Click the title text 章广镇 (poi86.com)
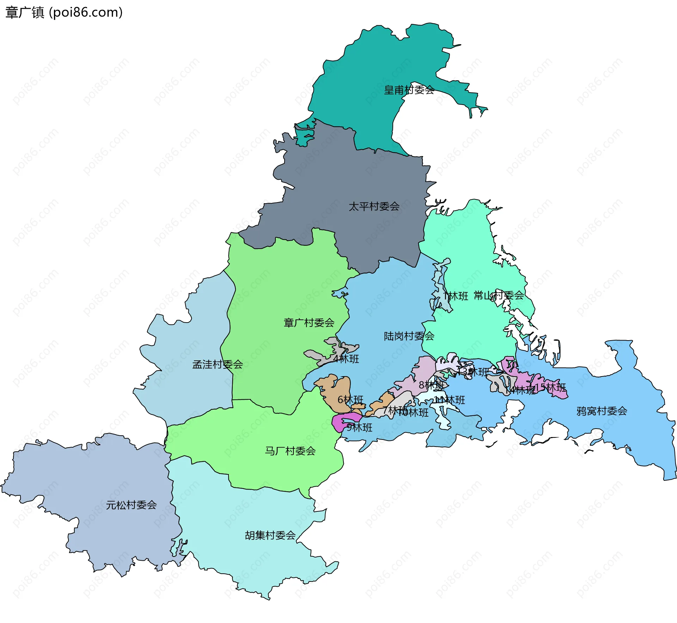coord(64,12)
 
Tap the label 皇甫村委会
coord(409,90)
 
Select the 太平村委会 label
coord(374,206)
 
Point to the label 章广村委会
coord(309,323)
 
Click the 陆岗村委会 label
coord(409,336)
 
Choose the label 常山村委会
coord(499,295)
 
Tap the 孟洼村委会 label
coord(218,365)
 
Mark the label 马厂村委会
coord(290,451)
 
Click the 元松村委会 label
coord(131,505)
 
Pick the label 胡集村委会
coord(270,535)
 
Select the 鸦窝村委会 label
coord(602,411)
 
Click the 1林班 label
coord(456,296)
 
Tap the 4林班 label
coord(346,359)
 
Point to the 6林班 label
coord(350,400)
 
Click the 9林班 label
coord(359,428)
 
